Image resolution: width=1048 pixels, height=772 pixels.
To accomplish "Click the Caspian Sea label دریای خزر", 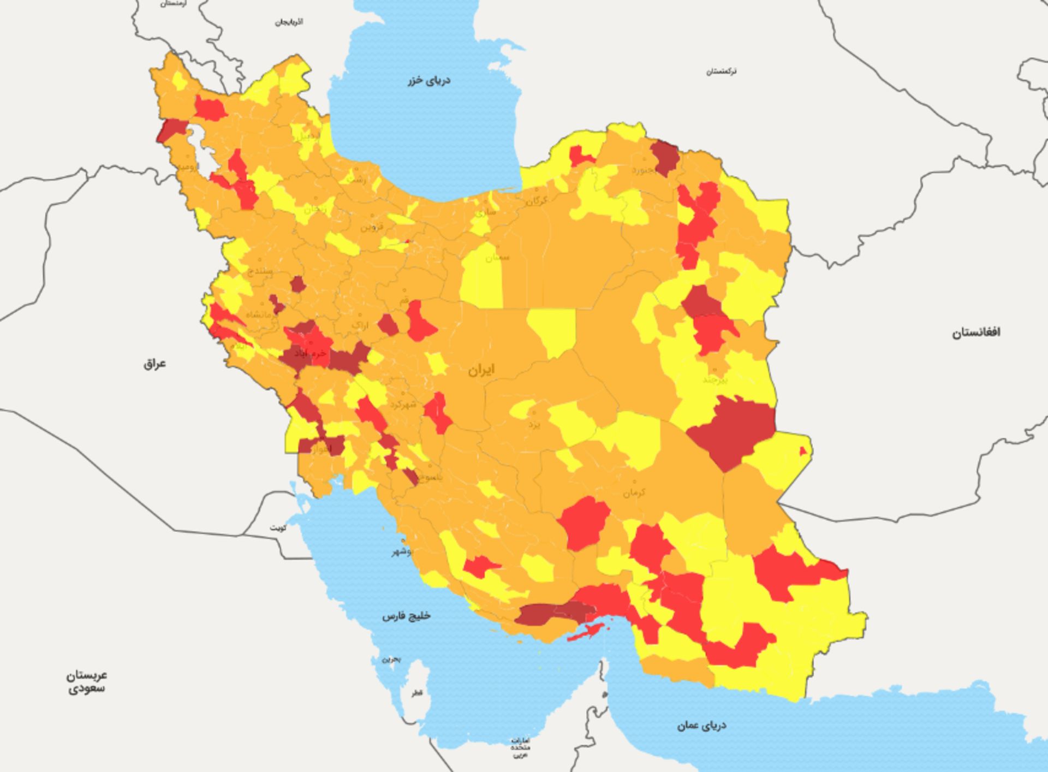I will pos(429,81).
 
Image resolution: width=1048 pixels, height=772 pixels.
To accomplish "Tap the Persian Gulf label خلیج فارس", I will pos(406,616).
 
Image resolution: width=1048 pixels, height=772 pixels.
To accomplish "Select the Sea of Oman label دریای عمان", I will pos(701,726).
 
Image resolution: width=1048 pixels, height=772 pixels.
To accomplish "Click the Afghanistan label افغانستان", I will pos(976,332).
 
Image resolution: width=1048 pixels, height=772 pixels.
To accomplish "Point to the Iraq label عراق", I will pos(154,364).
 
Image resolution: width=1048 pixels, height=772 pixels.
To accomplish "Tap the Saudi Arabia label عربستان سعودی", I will pos(87,681).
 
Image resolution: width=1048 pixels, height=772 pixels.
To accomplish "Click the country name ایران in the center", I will pos(481,370).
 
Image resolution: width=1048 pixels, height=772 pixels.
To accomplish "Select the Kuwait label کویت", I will pos(278,528).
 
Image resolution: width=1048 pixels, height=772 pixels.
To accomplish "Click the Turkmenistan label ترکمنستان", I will pos(721,72).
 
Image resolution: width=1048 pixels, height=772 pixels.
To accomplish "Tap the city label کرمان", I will pos(634,492).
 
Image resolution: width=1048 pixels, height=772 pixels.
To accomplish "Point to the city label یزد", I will pos(534,424).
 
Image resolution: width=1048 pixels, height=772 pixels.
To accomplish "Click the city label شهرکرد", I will pos(403,404).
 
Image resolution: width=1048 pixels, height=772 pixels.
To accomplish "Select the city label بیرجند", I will pos(715,379).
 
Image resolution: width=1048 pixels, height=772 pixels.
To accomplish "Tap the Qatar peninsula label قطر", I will pos(417,693).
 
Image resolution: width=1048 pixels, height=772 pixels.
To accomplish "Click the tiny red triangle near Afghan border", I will pos(803,452).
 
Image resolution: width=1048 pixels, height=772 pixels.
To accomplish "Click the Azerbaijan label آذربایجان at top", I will pos(289,22).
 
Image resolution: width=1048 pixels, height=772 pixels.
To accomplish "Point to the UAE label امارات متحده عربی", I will pos(520,747).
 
